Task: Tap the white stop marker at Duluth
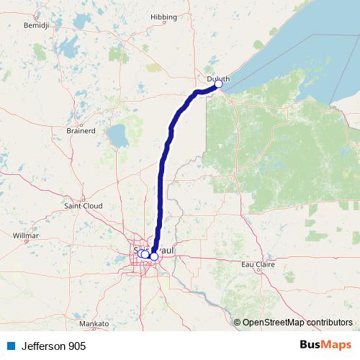pos(218,84)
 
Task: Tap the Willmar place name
pos(26,235)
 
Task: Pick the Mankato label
pos(94,324)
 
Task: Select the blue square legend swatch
pos(10,346)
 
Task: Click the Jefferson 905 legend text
pos(53,346)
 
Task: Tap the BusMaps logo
pos(325,346)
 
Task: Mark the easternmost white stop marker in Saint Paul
pos(154,256)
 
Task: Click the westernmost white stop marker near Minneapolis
pos(141,253)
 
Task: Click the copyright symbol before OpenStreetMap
pos(237,323)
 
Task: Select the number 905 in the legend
pos(76,346)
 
